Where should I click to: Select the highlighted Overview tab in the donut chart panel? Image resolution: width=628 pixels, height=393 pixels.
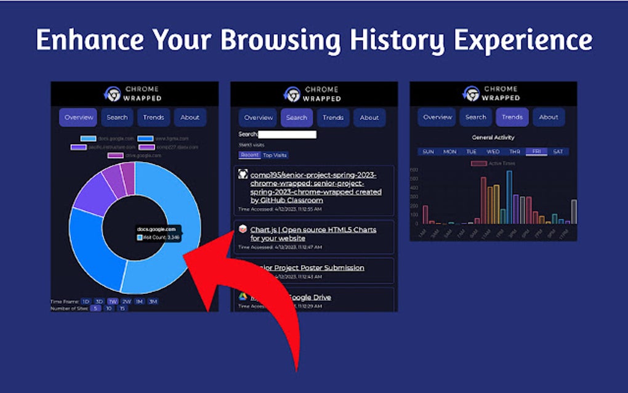[x=78, y=117]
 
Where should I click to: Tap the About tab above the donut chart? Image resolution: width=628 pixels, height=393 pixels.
[x=190, y=117]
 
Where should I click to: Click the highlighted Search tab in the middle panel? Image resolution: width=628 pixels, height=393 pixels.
[x=297, y=118]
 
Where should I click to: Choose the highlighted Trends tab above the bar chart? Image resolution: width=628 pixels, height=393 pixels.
[x=512, y=117]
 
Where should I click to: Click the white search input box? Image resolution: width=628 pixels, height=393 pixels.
[x=287, y=134]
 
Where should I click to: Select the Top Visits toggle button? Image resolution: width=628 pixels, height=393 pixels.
[x=275, y=155]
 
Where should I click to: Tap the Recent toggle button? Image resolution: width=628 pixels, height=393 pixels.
[x=249, y=155]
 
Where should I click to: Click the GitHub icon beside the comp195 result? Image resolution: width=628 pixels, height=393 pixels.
[x=243, y=175]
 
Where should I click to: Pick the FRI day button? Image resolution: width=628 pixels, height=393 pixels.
[x=536, y=152]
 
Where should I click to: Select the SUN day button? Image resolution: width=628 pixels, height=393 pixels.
[x=428, y=152]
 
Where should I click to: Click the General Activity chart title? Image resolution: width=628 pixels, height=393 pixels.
[x=493, y=137]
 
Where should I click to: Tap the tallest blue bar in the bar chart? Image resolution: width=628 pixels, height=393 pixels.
[x=509, y=197]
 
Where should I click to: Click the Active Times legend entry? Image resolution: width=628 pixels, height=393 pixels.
[x=494, y=163]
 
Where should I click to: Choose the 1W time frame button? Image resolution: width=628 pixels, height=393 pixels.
[x=113, y=301]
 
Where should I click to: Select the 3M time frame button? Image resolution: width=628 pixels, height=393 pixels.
[x=153, y=301]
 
